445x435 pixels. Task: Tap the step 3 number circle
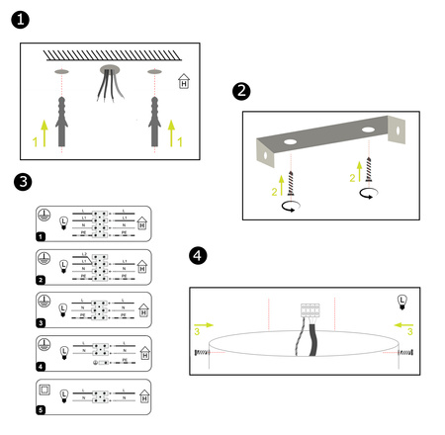(x=25, y=182)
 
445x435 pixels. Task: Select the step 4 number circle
(x=198, y=256)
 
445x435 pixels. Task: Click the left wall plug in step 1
(x=61, y=119)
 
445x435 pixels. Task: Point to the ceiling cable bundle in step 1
(x=107, y=84)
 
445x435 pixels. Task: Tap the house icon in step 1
(x=183, y=83)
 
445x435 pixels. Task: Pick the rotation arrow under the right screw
(x=369, y=194)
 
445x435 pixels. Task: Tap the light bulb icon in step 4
(x=401, y=301)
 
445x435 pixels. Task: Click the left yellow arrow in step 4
(x=202, y=324)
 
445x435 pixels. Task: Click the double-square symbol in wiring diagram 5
(x=44, y=388)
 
